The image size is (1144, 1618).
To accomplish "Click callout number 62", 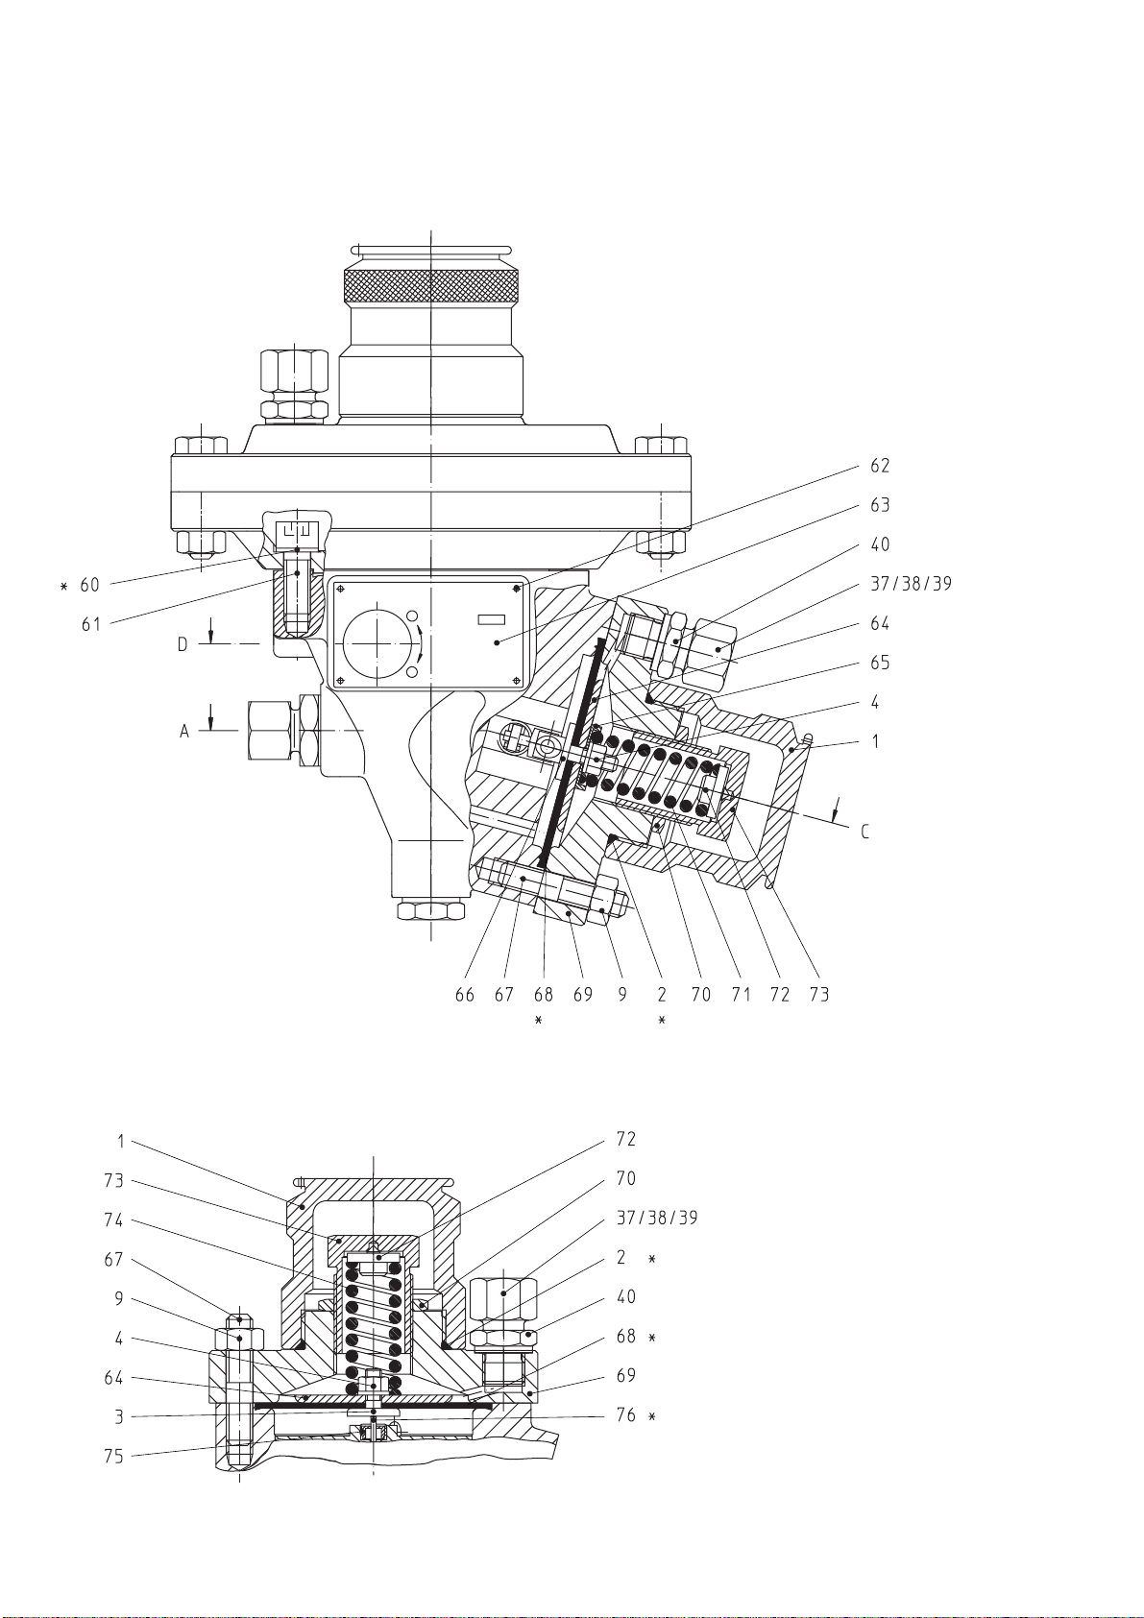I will pyautogui.click(x=880, y=466).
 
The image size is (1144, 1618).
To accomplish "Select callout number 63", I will pyautogui.click(x=880, y=505).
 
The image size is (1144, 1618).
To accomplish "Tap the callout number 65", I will pyautogui.click(x=880, y=663).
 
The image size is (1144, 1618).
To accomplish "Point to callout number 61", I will pyautogui.click(x=91, y=624).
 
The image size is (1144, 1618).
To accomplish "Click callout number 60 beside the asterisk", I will pyautogui.click(x=89, y=585).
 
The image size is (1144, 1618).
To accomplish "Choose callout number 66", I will pyautogui.click(x=465, y=995).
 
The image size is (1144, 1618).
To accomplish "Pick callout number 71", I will pyautogui.click(x=741, y=995).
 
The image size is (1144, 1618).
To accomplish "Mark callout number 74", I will pyautogui.click(x=114, y=1220).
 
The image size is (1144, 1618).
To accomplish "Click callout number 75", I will pyautogui.click(x=114, y=1456).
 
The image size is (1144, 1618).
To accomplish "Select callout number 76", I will pyautogui.click(x=625, y=1415).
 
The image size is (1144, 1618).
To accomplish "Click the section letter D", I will pyautogui.click(x=183, y=644).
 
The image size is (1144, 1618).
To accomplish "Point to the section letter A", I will pyautogui.click(x=183, y=732).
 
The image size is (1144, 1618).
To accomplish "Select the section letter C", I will pyautogui.click(x=864, y=832).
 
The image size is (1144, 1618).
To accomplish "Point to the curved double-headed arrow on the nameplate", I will pyautogui.click(x=420, y=642).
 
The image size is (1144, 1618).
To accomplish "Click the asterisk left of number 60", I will pyautogui.click(x=63, y=585).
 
